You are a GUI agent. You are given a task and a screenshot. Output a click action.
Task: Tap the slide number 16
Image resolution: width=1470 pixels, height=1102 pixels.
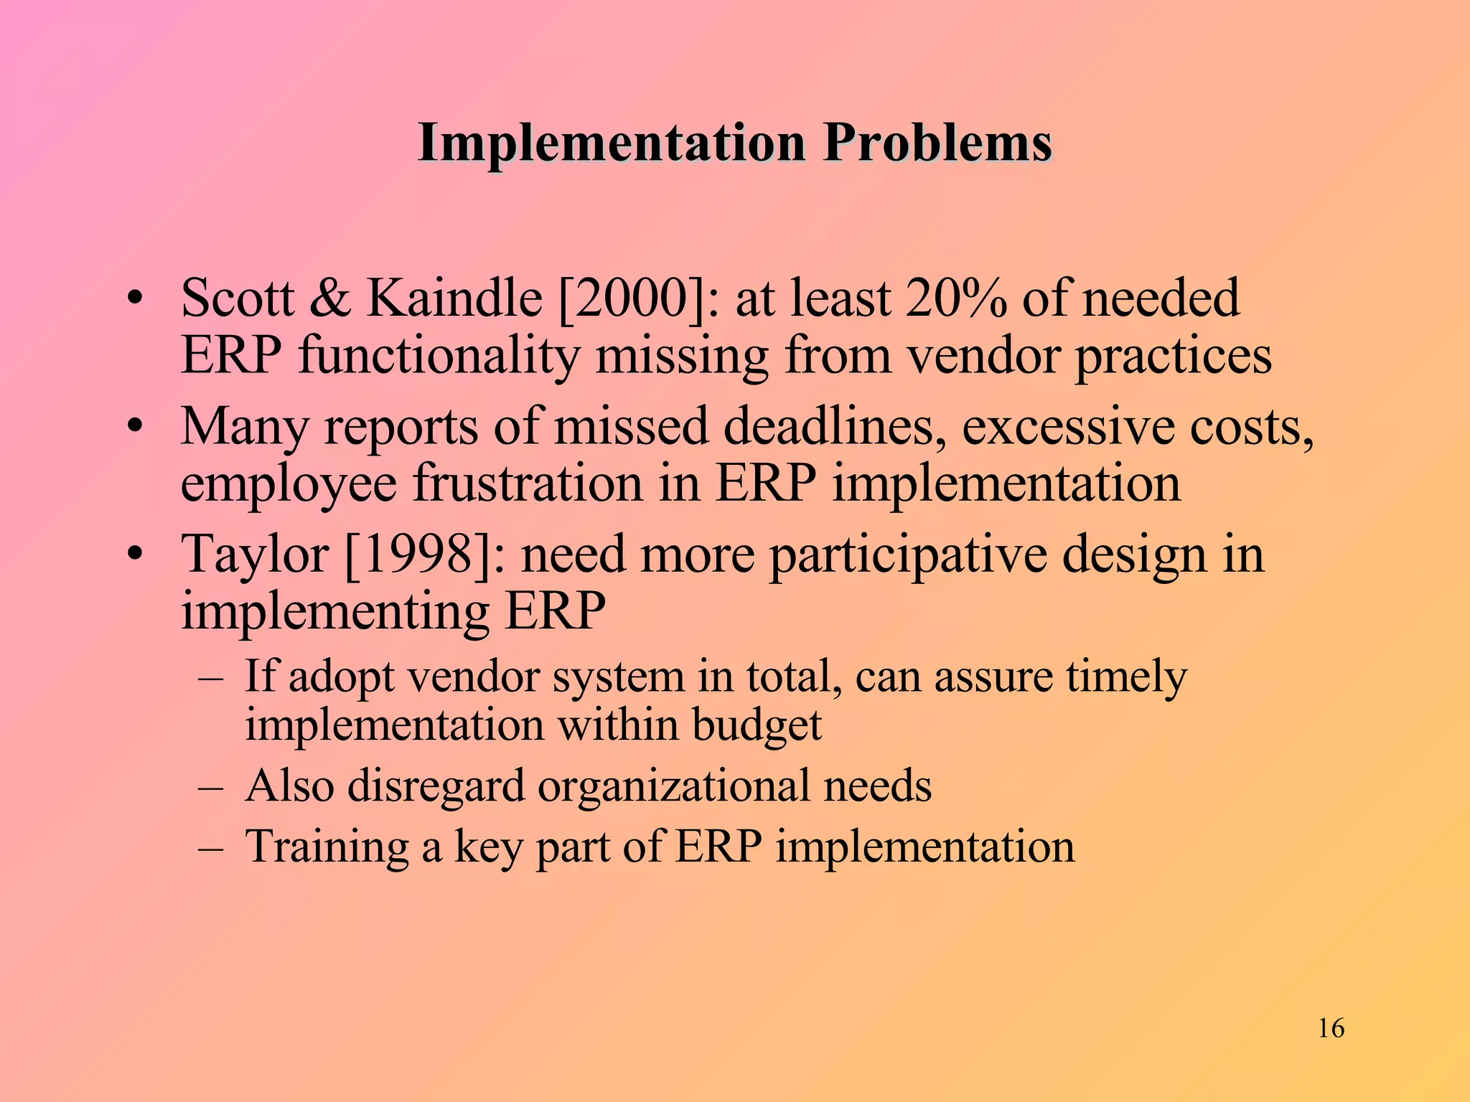[1331, 1028]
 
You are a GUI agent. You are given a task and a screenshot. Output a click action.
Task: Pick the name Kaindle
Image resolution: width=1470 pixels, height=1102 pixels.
[454, 298]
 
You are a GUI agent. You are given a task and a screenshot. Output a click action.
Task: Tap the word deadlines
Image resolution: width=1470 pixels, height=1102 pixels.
[834, 426]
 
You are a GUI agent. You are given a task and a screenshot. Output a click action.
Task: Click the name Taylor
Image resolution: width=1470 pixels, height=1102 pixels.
[255, 555]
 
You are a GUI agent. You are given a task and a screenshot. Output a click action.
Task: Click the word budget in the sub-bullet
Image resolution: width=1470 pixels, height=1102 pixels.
[757, 725]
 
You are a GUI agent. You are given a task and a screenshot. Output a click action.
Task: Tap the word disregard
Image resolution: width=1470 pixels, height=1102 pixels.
[436, 786]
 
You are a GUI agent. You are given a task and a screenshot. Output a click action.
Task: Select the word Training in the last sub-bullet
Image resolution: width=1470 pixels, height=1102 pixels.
[327, 847]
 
